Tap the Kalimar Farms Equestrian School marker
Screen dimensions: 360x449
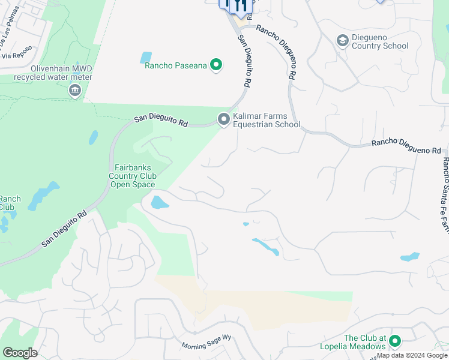[x=224, y=120]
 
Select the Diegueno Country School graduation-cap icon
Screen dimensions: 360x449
[x=342, y=41]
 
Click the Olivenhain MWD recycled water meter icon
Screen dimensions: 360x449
[x=74, y=91]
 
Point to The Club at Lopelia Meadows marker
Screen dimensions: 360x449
[x=395, y=341]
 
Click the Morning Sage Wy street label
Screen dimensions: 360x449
[x=206, y=342]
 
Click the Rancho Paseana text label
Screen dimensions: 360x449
[x=175, y=65]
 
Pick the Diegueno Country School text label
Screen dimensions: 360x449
[x=379, y=41]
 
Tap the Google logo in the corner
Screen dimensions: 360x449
[x=20, y=352]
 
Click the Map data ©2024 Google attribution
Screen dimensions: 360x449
[x=412, y=355]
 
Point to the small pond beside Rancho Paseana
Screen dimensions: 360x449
[x=146, y=58]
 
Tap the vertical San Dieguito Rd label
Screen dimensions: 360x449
[x=244, y=60]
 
